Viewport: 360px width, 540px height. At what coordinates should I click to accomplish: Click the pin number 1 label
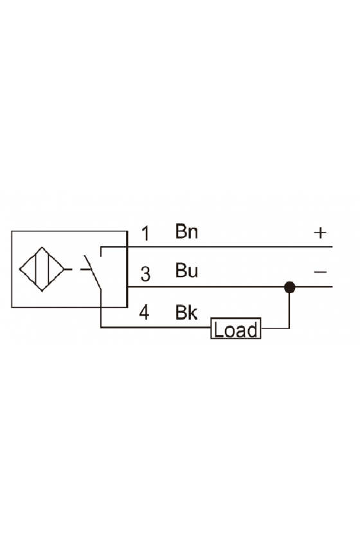point(146,233)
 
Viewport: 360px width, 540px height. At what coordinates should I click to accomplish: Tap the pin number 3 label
point(146,274)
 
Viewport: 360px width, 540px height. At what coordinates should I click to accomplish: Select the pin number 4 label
point(145,312)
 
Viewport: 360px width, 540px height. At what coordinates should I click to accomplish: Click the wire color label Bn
point(186,231)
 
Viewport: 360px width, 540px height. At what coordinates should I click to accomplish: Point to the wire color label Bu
point(186,271)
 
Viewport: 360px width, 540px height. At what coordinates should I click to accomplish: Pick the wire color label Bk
point(186,312)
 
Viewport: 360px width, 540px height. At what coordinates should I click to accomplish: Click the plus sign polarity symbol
point(320,233)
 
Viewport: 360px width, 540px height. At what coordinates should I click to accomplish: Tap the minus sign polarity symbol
point(320,272)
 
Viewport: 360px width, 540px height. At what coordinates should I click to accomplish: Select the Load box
point(236,328)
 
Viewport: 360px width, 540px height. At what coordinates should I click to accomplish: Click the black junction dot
point(290,287)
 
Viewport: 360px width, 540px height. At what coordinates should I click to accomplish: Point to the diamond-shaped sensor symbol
point(42,269)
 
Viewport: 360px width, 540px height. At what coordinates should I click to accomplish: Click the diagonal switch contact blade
point(93,272)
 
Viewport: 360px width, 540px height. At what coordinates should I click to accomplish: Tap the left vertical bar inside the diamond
point(35,269)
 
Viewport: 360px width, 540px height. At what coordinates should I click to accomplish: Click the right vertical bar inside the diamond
point(48,269)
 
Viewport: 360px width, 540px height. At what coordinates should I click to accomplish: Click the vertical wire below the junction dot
point(289,310)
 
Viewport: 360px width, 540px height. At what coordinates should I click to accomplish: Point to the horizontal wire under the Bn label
point(217,247)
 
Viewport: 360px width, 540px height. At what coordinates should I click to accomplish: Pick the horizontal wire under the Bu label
point(230,287)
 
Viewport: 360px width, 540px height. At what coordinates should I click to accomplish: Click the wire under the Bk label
point(156,327)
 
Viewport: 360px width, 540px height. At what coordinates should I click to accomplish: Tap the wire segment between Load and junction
point(275,328)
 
